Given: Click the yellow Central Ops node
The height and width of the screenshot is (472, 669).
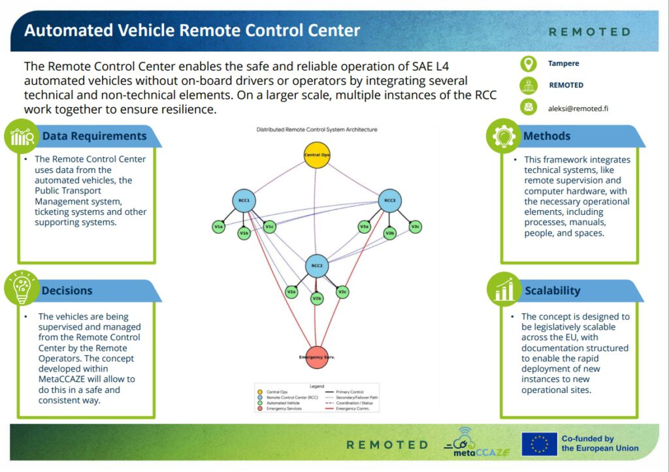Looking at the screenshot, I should click(316, 155).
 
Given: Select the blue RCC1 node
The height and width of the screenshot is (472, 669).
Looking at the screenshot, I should click(244, 200).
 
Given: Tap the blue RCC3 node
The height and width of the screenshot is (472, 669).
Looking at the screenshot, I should click(389, 200).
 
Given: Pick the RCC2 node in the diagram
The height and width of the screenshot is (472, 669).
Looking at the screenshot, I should click(317, 266).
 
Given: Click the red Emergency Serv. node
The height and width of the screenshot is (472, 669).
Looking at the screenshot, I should click(317, 358).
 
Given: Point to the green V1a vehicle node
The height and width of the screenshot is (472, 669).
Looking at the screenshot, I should click(219, 227).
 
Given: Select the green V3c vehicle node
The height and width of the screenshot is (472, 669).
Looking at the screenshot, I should click(415, 227).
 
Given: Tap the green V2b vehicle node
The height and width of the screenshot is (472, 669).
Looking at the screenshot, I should click(317, 298).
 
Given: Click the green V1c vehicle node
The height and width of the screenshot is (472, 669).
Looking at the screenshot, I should click(269, 227).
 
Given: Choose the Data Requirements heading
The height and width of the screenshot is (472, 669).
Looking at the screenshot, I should click(94, 136).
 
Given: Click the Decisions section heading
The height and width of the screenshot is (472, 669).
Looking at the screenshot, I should click(67, 291).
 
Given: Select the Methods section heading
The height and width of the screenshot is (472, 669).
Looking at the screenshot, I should click(547, 136).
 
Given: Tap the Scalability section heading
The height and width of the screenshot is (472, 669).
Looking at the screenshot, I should click(552, 291).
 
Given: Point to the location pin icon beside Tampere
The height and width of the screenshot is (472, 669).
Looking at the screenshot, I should click(528, 64).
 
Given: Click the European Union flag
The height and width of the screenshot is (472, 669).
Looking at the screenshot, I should click(539, 444).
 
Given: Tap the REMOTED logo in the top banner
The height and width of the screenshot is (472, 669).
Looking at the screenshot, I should click(589, 31).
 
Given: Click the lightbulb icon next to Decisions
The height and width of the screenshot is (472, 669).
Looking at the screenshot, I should click(22, 288).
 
